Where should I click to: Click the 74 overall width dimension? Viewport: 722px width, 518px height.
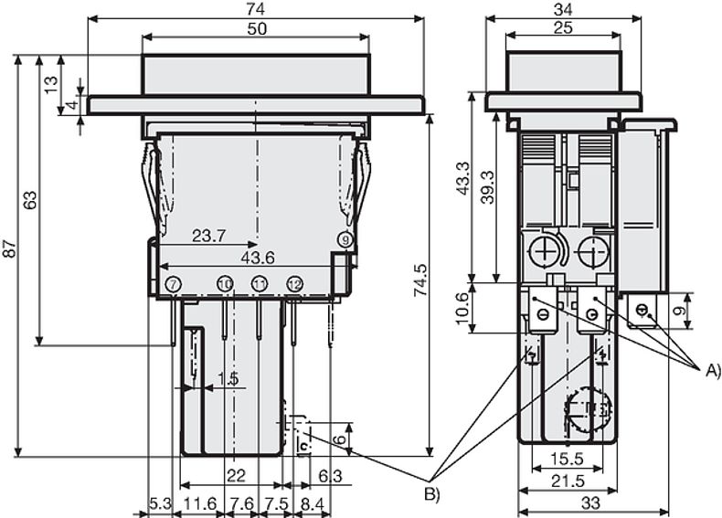(256, 7)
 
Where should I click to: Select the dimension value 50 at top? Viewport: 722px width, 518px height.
(257, 28)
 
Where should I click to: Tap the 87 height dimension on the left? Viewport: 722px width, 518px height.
(8, 251)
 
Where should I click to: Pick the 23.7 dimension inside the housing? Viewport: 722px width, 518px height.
(209, 236)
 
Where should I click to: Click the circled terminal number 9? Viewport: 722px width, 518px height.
(345, 239)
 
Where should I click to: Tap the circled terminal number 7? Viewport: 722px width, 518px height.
(174, 285)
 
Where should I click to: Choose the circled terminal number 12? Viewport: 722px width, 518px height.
(294, 285)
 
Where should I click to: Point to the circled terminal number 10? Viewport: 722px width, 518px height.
(225, 285)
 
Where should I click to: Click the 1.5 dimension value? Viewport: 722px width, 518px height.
(228, 378)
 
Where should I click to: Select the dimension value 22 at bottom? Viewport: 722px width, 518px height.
(236, 475)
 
